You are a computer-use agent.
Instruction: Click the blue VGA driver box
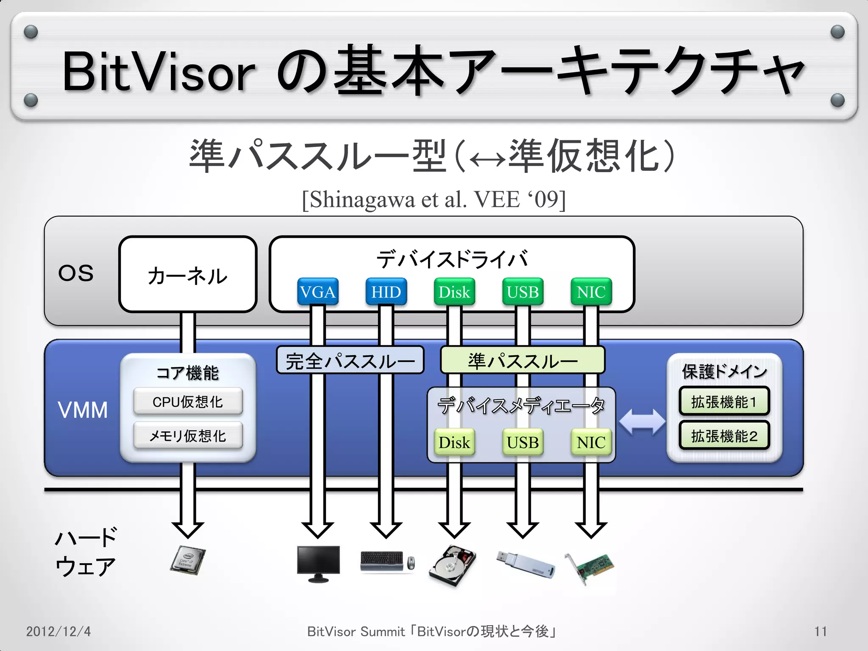pyautogui.click(x=317, y=292)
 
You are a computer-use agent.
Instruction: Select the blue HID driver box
pyautogui.click(x=386, y=292)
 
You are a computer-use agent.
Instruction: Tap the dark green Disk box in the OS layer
pyautogui.click(x=454, y=292)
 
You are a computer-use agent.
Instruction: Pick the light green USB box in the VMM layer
pyautogui.click(x=523, y=442)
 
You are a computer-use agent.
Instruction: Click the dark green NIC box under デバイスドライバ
pyautogui.click(x=591, y=292)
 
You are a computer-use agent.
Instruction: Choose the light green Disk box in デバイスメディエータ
pyautogui.click(x=454, y=442)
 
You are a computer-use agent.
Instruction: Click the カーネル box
pyautogui.click(x=188, y=275)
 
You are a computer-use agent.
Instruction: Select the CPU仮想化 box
pyautogui.click(x=188, y=401)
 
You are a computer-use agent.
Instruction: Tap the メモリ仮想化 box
pyautogui.click(x=188, y=435)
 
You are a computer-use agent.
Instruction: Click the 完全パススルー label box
pyautogui.click(x=350, y=361)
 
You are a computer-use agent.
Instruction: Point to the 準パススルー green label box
pyautogui.click(x=523, y=361)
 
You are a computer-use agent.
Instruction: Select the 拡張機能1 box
pyautogui.click(x=724, y=401)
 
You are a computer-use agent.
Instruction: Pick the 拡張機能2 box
pyautogui.click(x=724, y=435)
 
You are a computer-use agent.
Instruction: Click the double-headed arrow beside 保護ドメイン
pyautogui.click(x=642, y=422)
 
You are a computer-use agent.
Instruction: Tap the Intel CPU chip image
pyautogui.click(x=188, y=559)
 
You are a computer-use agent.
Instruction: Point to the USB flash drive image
pyautogui.click(x=526, y=564)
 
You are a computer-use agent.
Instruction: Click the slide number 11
pyautogui.click(x=821, y=632)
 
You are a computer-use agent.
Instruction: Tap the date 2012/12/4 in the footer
pyautogui.click(x=58, y=632)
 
